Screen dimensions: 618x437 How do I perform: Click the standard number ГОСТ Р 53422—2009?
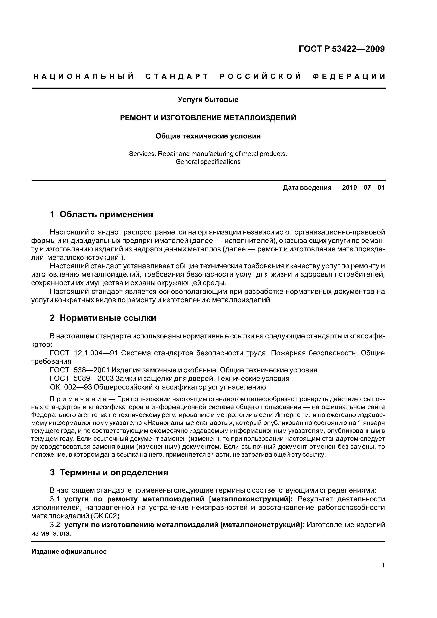[342, 49]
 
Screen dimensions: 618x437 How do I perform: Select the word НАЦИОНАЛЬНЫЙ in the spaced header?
[84, 77]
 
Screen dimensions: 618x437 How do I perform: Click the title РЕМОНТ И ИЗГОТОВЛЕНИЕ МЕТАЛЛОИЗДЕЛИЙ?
[208, 118]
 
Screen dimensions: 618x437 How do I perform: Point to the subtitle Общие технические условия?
[208, 136]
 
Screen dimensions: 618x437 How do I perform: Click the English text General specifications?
[208, 162]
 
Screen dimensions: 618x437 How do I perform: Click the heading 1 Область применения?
[101, 214]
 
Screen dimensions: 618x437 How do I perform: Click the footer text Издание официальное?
[69, 552]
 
